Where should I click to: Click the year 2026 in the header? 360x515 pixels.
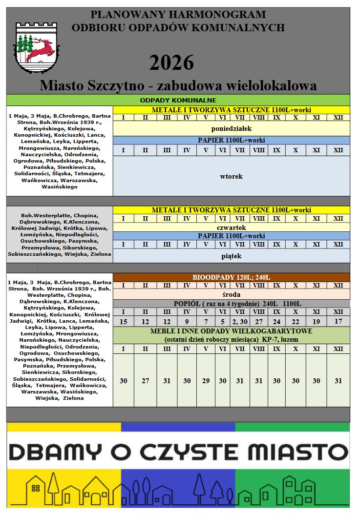pyautogui.click(x=171, y=63)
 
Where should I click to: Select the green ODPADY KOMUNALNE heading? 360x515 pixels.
pyautogui.click(x=178, y=100)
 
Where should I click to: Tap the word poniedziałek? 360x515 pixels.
pyautogui.click(x=231, y=129)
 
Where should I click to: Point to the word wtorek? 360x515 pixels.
pyautogui.click(x=231, y=176)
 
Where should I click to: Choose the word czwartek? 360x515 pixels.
pyautogui.click(x=231, y=227)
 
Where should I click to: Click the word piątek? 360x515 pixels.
pyautogui.click(x=231, y=256)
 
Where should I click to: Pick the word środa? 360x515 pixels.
pyautogui.click(x=231, y=295)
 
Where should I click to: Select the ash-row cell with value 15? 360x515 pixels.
pyautogui.click(x=123, y=321)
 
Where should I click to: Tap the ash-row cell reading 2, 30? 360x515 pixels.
pyautogui.click(x=240, y=321)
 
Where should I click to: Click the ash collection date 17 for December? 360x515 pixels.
pyautogui.click(x=338, y=321)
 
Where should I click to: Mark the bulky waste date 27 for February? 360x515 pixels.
pyautogui.click(x=145, y=381)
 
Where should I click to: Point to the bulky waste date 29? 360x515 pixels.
pyautogui.click(x=206, y=381)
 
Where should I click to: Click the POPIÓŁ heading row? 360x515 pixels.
pyautogui.click(x=231, y=304)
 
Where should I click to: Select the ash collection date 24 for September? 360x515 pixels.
pyautogui.click(x=276, y=321)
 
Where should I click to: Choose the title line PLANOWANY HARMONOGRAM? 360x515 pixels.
pyautogui.click(x=178, y=15)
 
